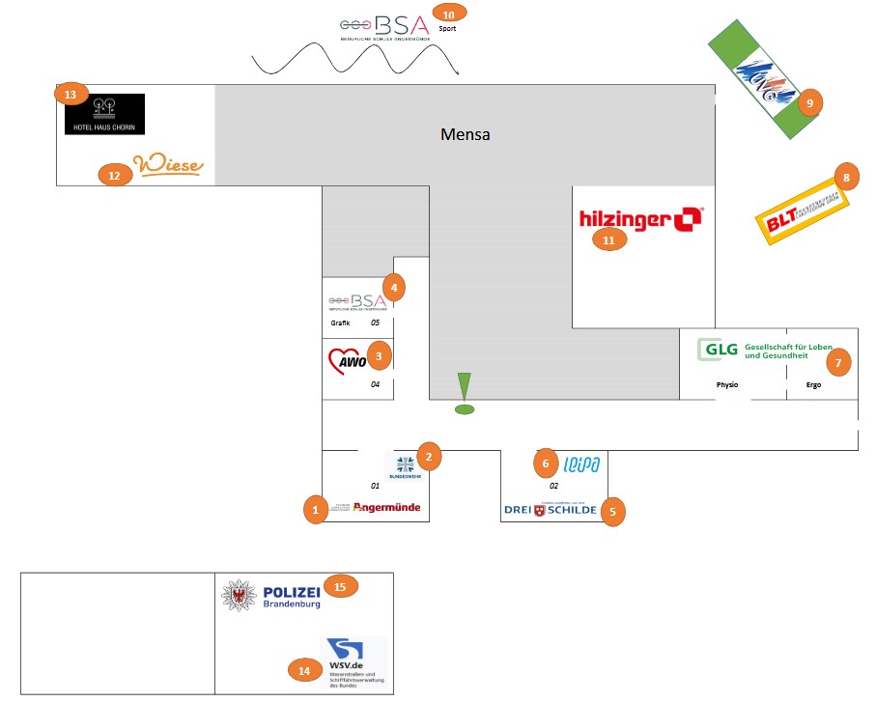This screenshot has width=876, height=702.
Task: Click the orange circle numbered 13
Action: [x=71, y=94]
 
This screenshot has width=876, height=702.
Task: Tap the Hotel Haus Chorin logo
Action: [x=104, y=114]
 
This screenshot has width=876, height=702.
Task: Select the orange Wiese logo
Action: [x=169, y=165]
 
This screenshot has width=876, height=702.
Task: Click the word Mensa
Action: [x=465, y=134]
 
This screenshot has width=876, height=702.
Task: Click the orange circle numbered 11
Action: [x=608, y=239]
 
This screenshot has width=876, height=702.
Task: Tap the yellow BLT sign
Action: [x=800, y=210]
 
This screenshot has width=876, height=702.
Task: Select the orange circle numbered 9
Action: [x=809, y=102]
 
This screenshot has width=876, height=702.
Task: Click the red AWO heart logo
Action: [x=343, y=360]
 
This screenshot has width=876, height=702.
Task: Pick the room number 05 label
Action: [x=376, y=323]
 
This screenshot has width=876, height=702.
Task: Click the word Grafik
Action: [x=340, y=323]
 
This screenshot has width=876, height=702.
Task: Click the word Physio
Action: [x=727, y=384]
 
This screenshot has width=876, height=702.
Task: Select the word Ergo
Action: [x=813, y=384]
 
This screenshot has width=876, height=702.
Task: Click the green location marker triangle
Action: [x=465, y=384]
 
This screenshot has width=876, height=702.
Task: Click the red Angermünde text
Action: [x=386, y=507]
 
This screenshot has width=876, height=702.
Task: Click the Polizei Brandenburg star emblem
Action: [x=238, y=595]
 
